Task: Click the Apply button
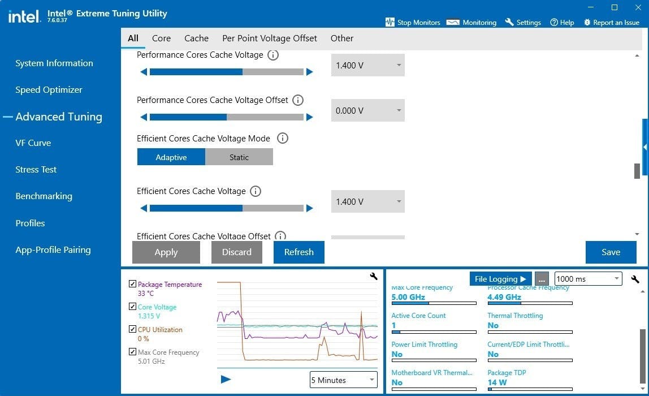pos(166,252)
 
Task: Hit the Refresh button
pos(298,252)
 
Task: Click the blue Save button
pos(611,252)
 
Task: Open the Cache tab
pos(196,38)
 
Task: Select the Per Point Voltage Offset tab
pos(270,38)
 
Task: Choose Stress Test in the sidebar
pos(36,170)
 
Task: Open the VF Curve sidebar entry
pos(33,143)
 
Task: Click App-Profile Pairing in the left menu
pos(53,250)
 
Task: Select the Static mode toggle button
pos(239,157)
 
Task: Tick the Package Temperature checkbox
pos(132,284)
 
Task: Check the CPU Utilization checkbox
pos(132,329)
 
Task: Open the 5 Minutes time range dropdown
pos(344,380)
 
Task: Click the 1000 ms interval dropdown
pos(588,279)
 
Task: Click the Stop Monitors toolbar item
pos(413,23)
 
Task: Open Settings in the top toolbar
pos(523,23)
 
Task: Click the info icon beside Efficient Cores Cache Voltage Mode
pos(283,138)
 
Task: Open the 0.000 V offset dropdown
pos(367,111)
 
